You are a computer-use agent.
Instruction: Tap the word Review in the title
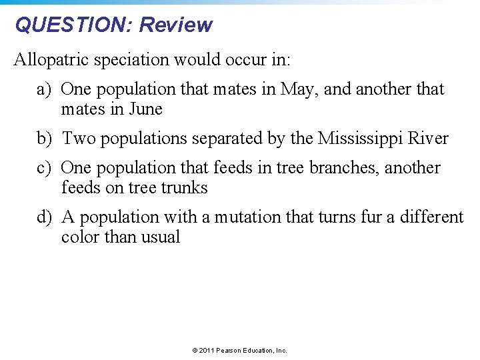(x=176, y=25)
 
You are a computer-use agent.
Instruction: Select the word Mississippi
(x=361, y=139)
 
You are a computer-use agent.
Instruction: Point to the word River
(x=429, y=139)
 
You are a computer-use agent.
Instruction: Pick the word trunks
(x=184, y=188)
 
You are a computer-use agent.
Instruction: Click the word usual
(x=159, y=237)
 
